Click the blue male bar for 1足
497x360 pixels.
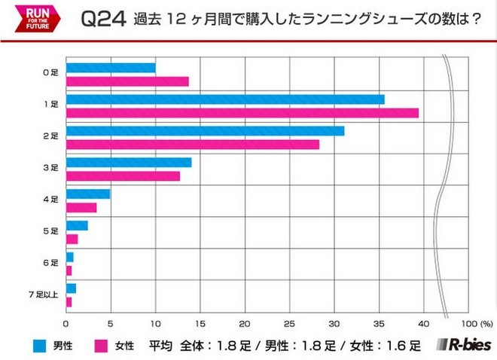(x=225, y=99)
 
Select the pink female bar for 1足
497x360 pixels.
(x=242, y=112)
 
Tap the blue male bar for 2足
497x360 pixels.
(x=206, y=131)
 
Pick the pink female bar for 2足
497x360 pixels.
(x=193, y=144)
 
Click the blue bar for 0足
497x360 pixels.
(x=111, y=68)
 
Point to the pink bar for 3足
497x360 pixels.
(x=123, y=175)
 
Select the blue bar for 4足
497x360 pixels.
(x=88, y=194)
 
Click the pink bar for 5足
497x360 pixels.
(x=72, y=239)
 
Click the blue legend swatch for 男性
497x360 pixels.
(x=42, y=346)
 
